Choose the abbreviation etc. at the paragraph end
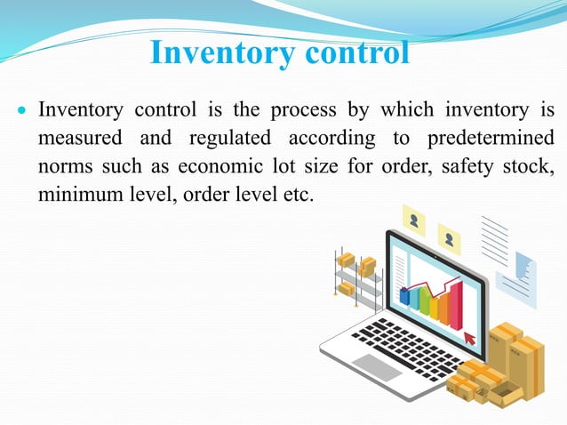coord(298,194)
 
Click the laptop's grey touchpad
coord(377,365)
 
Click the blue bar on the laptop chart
coord(404,296)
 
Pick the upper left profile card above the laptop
coord(414,217)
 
